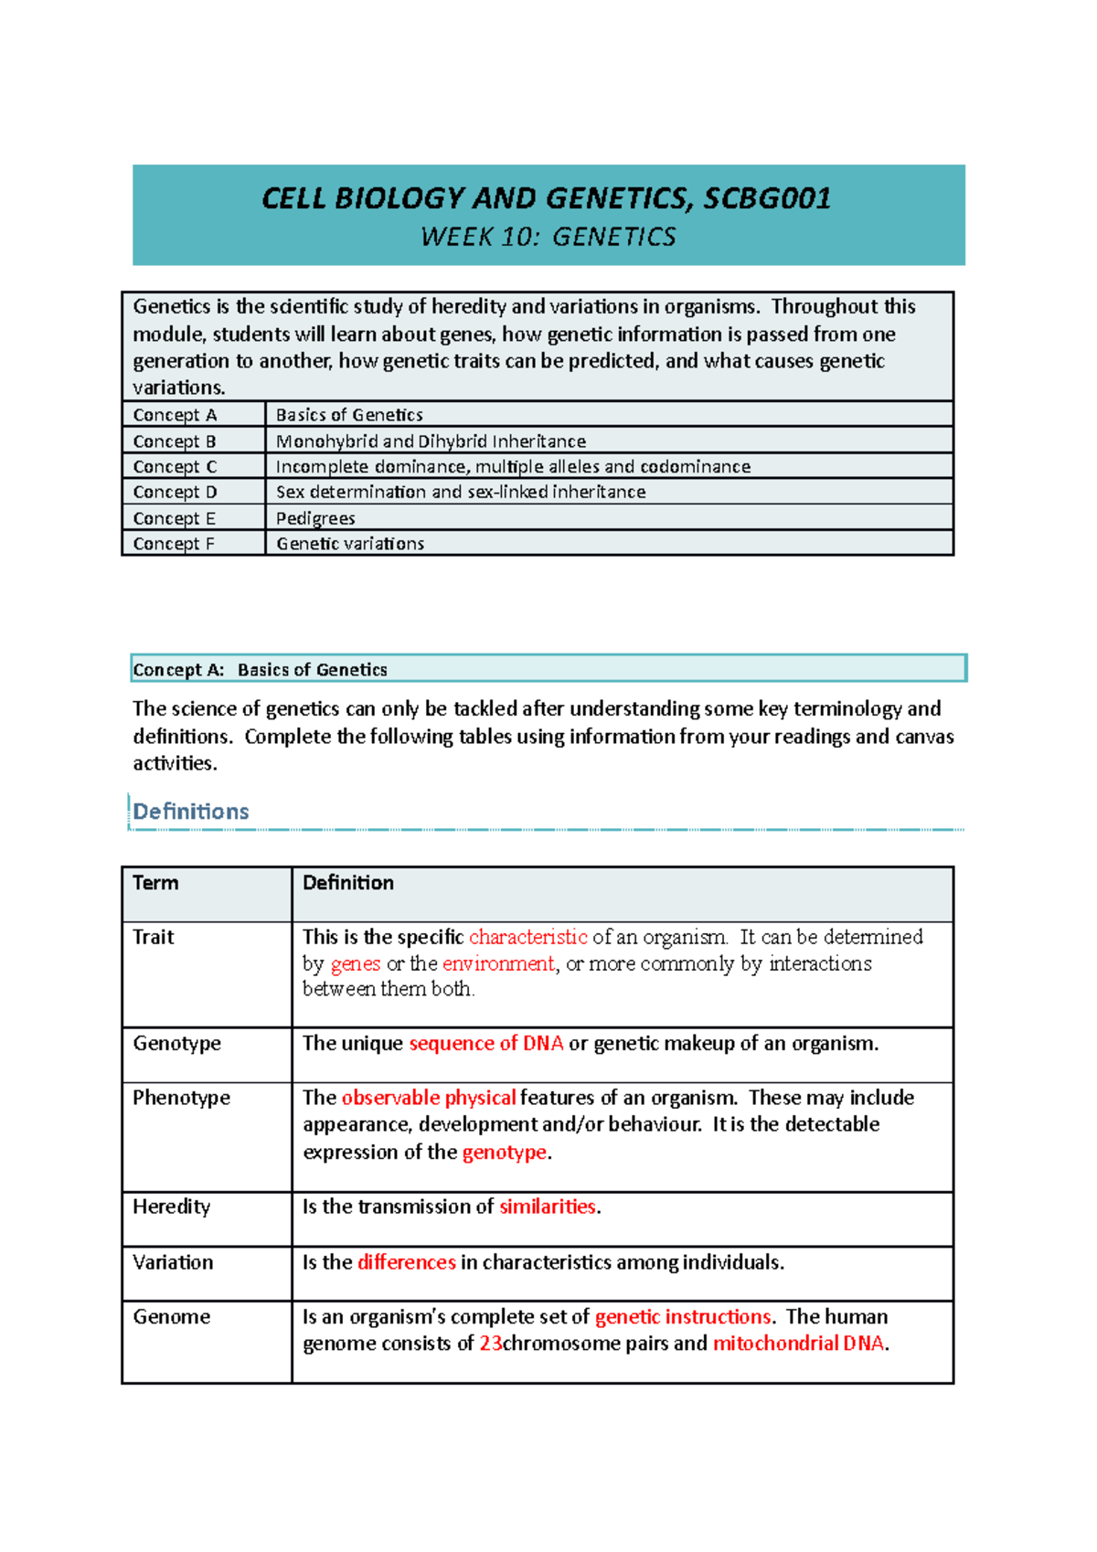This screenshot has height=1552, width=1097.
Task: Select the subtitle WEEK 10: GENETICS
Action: coord(548,238)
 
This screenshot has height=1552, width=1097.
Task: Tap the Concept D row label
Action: coord(175,493)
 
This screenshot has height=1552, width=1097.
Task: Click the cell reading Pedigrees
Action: coord(315,518)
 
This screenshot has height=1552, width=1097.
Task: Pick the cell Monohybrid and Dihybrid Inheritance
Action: coord(431,441)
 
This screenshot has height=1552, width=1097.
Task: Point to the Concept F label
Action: coord(174,544)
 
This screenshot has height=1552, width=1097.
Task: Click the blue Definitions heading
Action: coord(191,812)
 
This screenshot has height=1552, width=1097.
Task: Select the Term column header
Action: coord(155,883)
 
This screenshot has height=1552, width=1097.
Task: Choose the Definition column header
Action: coord(348,883)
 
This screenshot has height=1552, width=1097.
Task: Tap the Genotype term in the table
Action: coord(176,1044)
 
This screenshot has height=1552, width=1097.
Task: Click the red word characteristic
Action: coord(527,937)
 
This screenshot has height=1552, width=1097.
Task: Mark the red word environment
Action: coord(497,963)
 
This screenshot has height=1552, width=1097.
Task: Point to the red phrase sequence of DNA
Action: coord(485,1044)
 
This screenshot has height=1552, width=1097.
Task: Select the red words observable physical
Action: coord(428,1098)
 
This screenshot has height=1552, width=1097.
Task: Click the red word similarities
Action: coord(547,1207)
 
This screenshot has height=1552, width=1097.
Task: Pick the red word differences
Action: coord(406,1262)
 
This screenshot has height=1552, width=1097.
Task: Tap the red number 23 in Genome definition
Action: coord(491,1344)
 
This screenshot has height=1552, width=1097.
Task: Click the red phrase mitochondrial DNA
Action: coord(798,1344)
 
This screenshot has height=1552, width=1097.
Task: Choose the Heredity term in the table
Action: coord(171,1207)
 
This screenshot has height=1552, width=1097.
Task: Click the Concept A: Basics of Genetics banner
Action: coord(548,669)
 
